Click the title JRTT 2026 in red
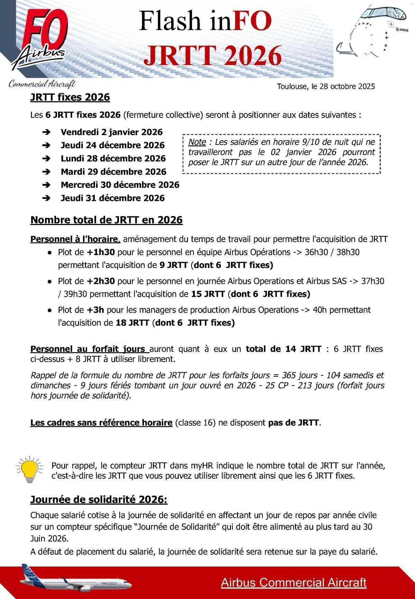pos(212,55)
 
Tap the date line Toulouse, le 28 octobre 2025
pos(326,86)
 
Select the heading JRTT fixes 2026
pos(70,97)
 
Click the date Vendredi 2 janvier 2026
pos(111,132)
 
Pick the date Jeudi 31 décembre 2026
pos(112,198)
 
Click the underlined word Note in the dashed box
pos(197,142)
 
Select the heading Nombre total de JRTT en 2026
pos(107,220)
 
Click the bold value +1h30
pos(101,252)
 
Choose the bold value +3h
pos(95,310)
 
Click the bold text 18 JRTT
pos(132,323)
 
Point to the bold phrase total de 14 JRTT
pos(284,349)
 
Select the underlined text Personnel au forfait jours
pos(89,349)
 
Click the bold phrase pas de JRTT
pos(294,423)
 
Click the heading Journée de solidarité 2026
pos(99,500)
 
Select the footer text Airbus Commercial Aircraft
pos(293,582)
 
